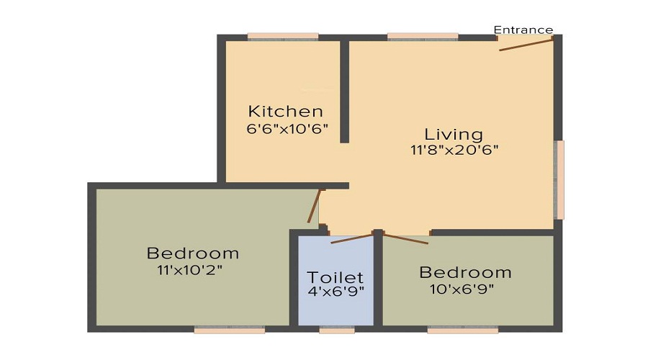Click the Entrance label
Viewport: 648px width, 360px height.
523,30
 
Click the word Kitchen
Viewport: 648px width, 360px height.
286,111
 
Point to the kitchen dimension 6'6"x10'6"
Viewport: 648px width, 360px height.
287,129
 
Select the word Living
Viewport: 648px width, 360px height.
454,135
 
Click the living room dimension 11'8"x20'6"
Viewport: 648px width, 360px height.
454,150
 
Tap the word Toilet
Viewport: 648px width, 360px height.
335,277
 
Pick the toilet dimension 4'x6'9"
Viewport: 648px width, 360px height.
336,291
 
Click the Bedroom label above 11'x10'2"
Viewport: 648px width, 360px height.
193,253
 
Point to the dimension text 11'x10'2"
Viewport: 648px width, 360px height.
189,270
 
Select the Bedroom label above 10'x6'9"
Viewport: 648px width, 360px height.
465,273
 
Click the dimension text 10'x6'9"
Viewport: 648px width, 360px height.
462,289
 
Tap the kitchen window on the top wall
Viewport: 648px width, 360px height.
283,37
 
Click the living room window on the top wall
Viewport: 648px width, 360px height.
423,37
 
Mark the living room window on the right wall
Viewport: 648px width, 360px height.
559,180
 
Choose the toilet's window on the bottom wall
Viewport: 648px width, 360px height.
337,330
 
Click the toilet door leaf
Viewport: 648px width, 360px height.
352,238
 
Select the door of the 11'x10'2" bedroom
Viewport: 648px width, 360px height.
314,206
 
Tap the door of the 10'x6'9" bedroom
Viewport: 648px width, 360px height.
406,239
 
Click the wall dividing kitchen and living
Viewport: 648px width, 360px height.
345,91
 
